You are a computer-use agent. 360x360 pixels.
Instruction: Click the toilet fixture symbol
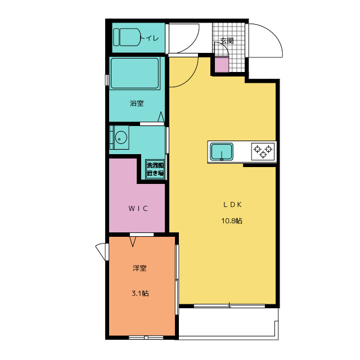[x=127, y=37]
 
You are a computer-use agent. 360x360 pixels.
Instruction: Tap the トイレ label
[x=150, y=38]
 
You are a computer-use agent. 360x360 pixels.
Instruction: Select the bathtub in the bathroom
[x=134, y=73]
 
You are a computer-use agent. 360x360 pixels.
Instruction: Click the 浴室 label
[x=137, y=103]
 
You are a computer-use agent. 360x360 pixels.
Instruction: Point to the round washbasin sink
[x=120, y=137]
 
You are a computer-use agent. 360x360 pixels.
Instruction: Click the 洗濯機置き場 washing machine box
[x=155, y=169]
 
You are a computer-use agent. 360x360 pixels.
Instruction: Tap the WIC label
[x=138, y=209]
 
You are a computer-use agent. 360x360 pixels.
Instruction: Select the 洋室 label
[x=139, y=268]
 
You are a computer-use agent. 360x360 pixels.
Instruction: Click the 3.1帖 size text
[x=140, y=293]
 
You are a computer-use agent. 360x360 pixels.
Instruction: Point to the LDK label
[x=232, y=205]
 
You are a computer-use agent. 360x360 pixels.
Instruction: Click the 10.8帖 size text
[x=232, y=221]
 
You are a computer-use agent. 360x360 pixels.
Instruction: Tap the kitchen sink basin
[x=222, y=151]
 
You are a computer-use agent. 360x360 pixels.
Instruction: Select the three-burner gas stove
[x=263, y=151]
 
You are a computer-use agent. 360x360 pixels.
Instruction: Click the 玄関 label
[x=227, y=40]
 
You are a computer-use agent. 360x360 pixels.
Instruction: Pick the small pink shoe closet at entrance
[x=222, y=65]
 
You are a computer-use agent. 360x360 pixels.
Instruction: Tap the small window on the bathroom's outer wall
[x=106, y=80]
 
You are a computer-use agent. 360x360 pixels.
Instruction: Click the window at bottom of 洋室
[x=146, y=337]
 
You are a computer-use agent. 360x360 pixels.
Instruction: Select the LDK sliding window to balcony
[x=229, y=305]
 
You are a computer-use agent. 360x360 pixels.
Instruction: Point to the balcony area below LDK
[x=228, y=322]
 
